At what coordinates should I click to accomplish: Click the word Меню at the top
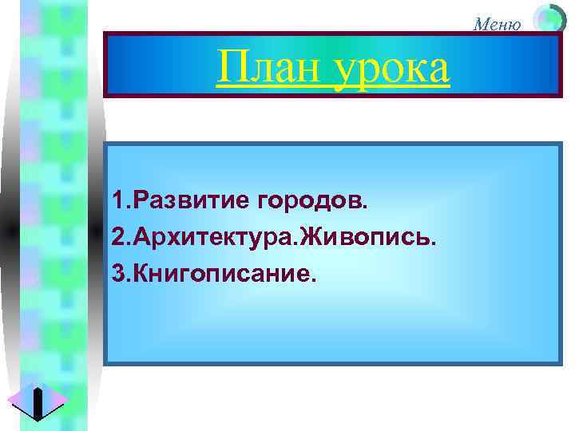(x=497, y=24)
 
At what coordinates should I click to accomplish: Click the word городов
(x=312, y=199)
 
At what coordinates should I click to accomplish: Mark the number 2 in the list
(x=118, y=236)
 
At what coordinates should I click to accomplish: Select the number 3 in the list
(x=118, y=274)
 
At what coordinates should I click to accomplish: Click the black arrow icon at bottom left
(x=37, y=402)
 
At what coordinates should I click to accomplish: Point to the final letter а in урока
(x=438, y=72)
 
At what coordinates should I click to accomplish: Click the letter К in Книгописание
(x=141, y=274)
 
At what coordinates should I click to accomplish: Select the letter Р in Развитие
(x=141, y=198)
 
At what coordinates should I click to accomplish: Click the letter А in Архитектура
(x=141, y=236)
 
